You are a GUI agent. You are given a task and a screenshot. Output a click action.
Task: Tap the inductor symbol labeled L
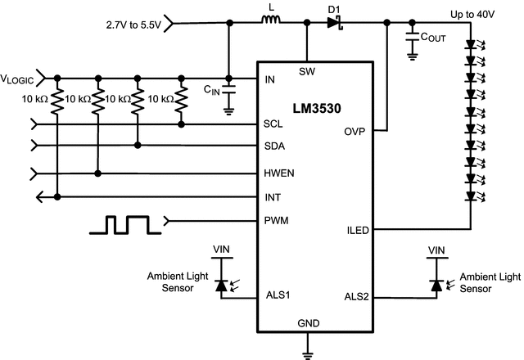tap(271, 25)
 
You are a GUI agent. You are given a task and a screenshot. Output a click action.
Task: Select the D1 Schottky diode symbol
tap(333, 25)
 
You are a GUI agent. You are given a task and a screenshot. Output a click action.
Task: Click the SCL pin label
tap(273, 125)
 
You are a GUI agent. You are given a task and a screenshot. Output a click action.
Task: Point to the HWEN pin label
tap(279, 173)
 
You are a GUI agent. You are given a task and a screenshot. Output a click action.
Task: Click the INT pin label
tap(272, 197)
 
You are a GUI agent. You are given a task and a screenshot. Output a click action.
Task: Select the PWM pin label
tap(276, 220)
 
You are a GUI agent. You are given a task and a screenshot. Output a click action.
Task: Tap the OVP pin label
tap(355, 132)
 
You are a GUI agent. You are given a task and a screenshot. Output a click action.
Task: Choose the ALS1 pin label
tap(278, 296)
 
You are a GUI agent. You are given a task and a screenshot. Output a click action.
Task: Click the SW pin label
tap(307, 71)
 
